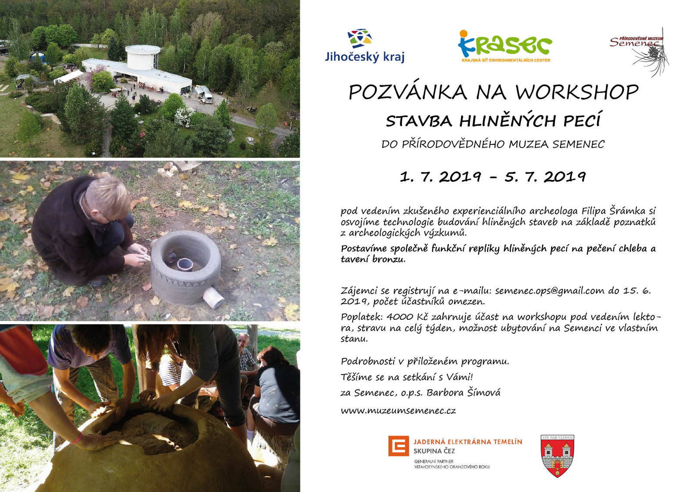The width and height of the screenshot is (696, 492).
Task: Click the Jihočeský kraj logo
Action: tap(365, 46)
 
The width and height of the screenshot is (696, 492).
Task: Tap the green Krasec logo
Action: tap(505, 46)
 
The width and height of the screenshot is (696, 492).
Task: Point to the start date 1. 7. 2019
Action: tap(440, 177)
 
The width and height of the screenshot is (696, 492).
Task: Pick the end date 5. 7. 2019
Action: tap(545, 177)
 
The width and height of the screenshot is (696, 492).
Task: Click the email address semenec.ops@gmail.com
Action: tap(550, 291)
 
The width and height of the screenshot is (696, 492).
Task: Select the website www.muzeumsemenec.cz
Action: tap(398, 411)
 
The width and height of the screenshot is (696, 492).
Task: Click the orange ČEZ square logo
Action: tap(398, 446)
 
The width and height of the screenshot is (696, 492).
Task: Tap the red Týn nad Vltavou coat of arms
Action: tap(557, 456)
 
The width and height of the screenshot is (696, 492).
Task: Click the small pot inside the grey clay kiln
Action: tap(185, 265)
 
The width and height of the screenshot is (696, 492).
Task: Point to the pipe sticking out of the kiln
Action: tap(213, 297)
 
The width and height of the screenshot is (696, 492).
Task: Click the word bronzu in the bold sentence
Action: tap(389, 259)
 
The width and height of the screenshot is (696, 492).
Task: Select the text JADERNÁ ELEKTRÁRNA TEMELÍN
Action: tap(468, 442)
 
